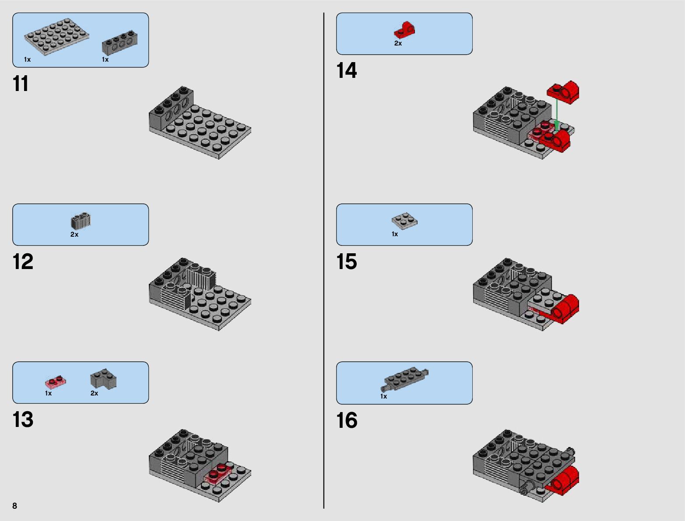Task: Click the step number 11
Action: point(21,84)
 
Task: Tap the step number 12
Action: point(23,261)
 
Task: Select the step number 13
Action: point(23,420)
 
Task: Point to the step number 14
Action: point(346,70)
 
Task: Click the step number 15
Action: point(346,261)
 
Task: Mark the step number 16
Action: point(347,420)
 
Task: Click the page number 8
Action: point(15,506)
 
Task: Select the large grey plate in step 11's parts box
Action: point(56,37)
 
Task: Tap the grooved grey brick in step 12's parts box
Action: point(81,221)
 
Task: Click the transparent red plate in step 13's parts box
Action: point(56,381)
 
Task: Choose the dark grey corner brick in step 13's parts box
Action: point(103,378)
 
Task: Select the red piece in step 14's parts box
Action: point(404,30)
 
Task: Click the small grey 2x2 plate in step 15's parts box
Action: point(404,221)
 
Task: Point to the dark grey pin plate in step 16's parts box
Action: point(404,378)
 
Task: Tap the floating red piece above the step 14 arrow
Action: point(563,92)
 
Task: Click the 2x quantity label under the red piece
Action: point(398,43)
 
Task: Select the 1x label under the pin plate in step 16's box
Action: point(383,396)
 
